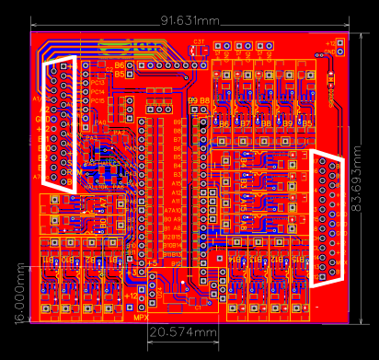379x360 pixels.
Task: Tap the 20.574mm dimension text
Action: (x=184, y=331)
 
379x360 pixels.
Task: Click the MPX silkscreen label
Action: (x=141, y=318)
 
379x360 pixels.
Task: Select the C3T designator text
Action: (x=200, y=41)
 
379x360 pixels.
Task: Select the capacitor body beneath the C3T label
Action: (x=199, y=52)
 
